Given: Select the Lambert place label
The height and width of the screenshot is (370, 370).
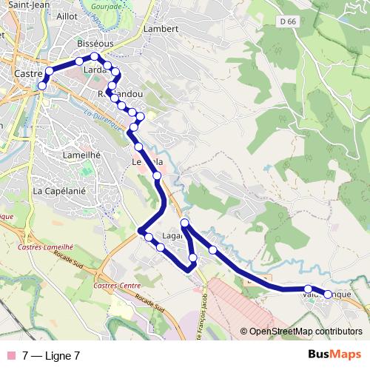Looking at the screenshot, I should click(x=162, y=29).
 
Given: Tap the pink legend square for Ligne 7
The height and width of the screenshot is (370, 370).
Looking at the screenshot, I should click(x=12, y=355).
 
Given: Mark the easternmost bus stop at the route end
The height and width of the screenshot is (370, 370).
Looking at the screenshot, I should click(x=329, y=295).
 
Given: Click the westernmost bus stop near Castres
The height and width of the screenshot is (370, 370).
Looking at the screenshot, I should click(x=42, y=86).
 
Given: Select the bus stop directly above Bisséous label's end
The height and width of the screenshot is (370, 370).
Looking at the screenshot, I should click(x=95, y=56).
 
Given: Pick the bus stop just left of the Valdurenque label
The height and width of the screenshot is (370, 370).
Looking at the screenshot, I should click(x=308, y=289).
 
